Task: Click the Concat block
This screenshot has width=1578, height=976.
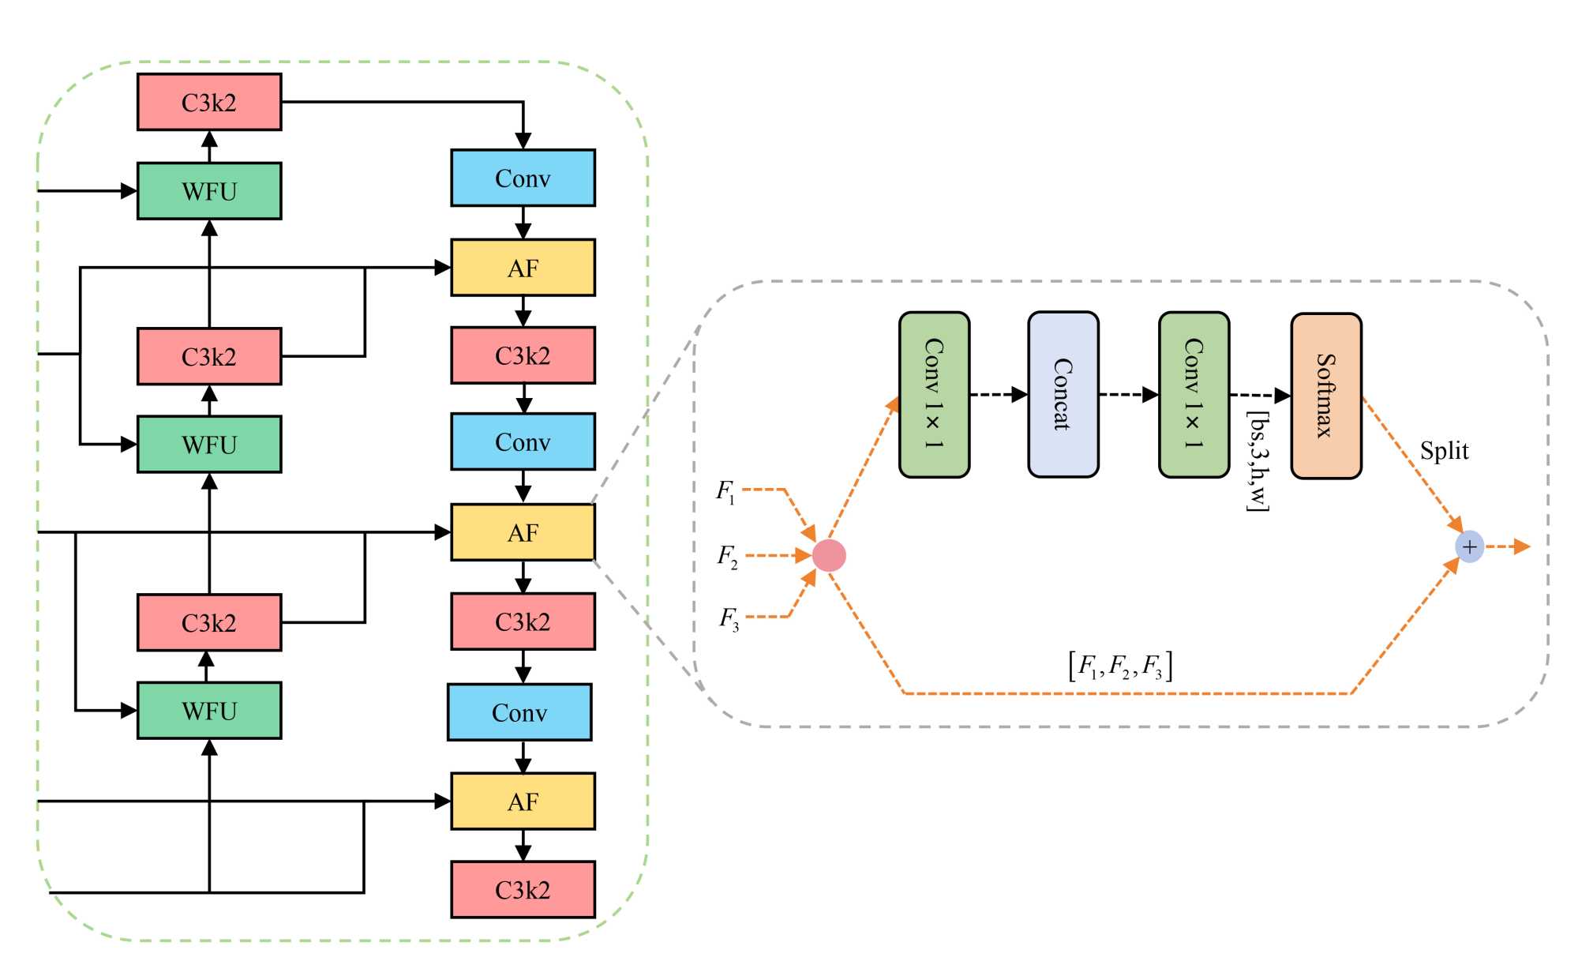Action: pos(1063,394)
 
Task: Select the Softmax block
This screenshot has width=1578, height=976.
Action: pos(1325,396)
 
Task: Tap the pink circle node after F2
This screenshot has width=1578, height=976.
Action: pos(829,555)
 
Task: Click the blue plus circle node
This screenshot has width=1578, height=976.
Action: pos(1469,546)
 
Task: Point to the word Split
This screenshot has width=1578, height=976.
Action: pos(1444,451)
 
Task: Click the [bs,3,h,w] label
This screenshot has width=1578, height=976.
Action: pos(1258,460)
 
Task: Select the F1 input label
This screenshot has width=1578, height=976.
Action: pos(725,491)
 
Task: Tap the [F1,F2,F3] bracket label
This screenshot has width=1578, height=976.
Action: pos(1119,666)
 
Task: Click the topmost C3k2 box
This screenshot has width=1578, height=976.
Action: pos(209,102)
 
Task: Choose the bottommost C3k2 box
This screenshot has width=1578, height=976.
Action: pos(523,889)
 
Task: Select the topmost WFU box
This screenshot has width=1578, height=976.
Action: pos(209,191)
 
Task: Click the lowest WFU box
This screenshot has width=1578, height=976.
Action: pos(209,711)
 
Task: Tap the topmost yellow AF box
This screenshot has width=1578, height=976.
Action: pos(523,268)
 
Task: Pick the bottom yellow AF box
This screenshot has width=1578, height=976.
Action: pos(523,801)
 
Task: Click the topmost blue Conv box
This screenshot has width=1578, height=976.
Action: pos(523,178)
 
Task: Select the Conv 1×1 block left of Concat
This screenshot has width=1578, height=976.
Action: pos(934,394)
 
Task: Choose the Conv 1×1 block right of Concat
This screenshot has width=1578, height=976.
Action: pos(1194,394)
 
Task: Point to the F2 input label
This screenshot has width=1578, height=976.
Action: pos(727,557)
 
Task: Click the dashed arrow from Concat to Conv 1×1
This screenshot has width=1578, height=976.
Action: pos(1128,394)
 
